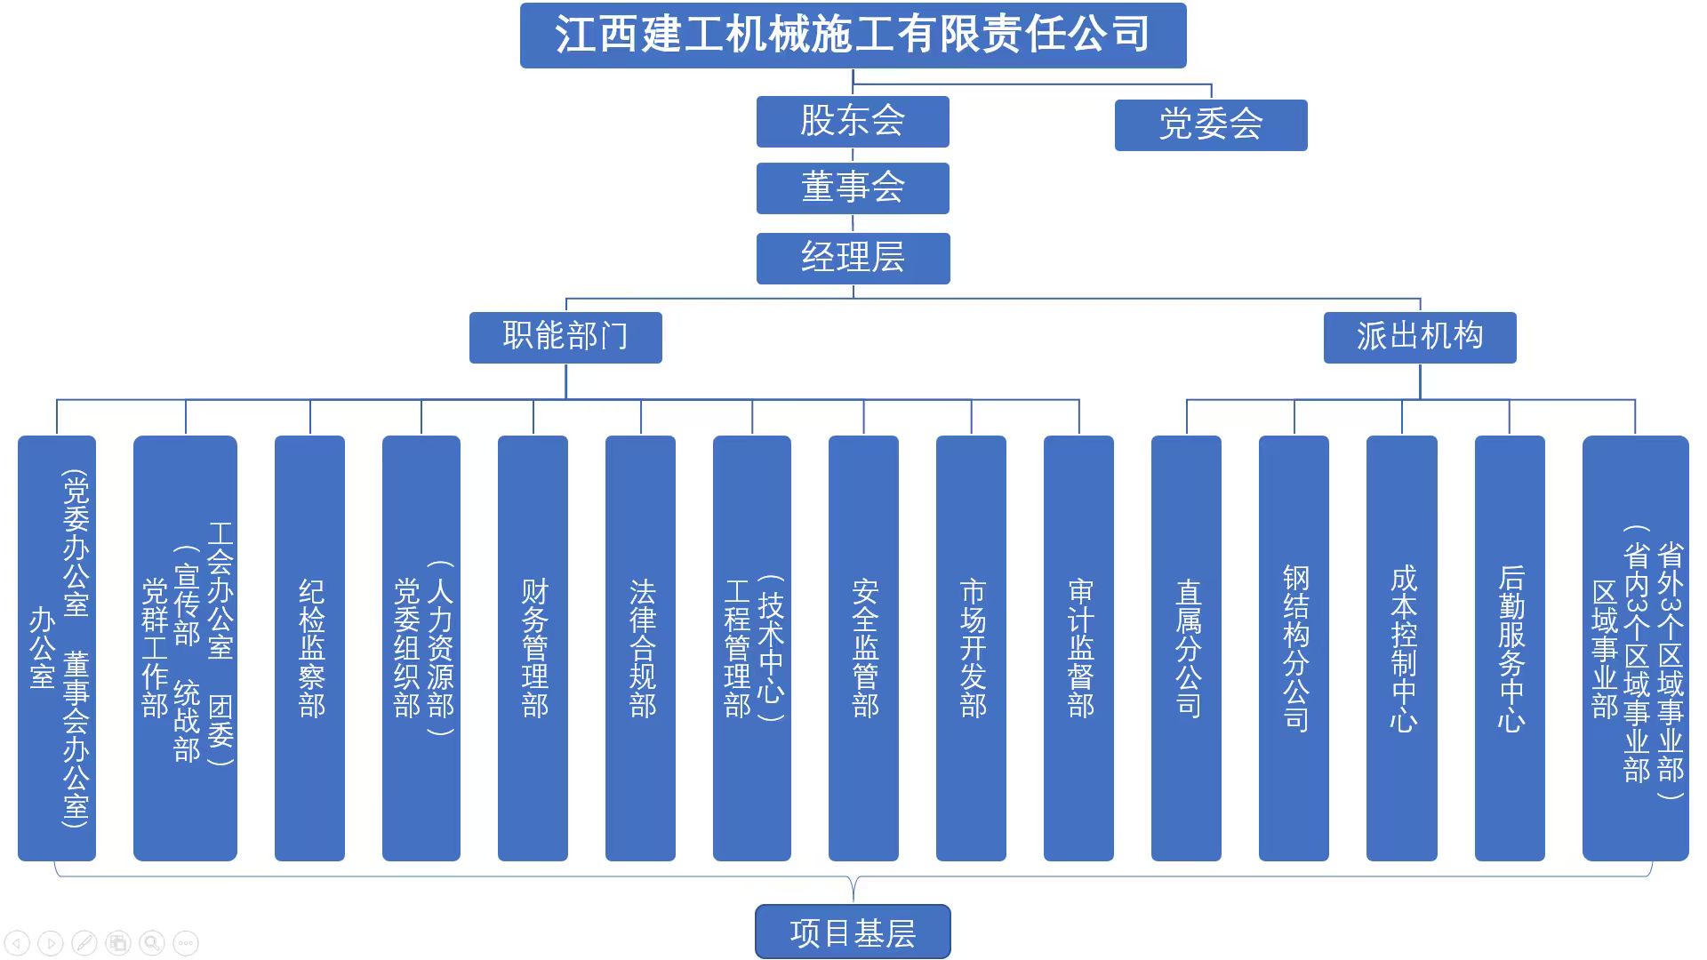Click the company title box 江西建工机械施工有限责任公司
click(x=853, y=36)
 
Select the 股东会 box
click(x=853, y=122)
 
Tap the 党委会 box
click(x=1211, y=125)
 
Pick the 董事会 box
click(x=853, y=188)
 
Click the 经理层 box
click(x=853, y=259)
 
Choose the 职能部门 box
click(x=565, y=338)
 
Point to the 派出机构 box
click(x=1420, y=338)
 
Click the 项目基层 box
click(x=853, y=932)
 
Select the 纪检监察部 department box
click(x=309, y=648)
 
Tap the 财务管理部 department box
click(x=533, y=648)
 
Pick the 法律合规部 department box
click(x=640, y=648)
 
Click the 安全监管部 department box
click(x=863, y=648)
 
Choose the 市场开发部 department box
click(x=971, y=648)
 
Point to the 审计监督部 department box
click(x=1078, y=648)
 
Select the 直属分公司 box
click(x=1186, y=648)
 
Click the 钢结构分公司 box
click(x=1294, y=648)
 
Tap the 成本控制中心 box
click(x=1402, y=648)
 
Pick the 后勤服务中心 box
click(x=1510, y=648)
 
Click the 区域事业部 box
click(x=1635, y=648)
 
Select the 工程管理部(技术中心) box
click(x=752, y=648)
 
